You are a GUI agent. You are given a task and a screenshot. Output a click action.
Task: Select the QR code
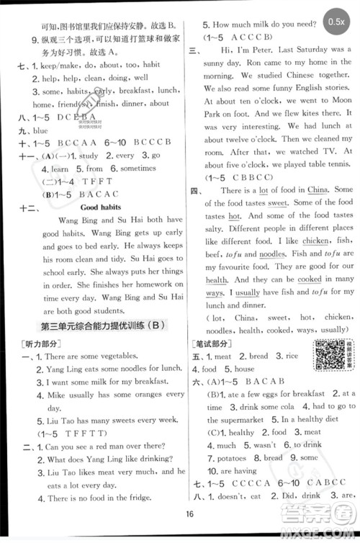click(x=326, y=333)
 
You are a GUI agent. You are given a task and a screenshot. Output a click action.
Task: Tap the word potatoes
click(x=231, y=458)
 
